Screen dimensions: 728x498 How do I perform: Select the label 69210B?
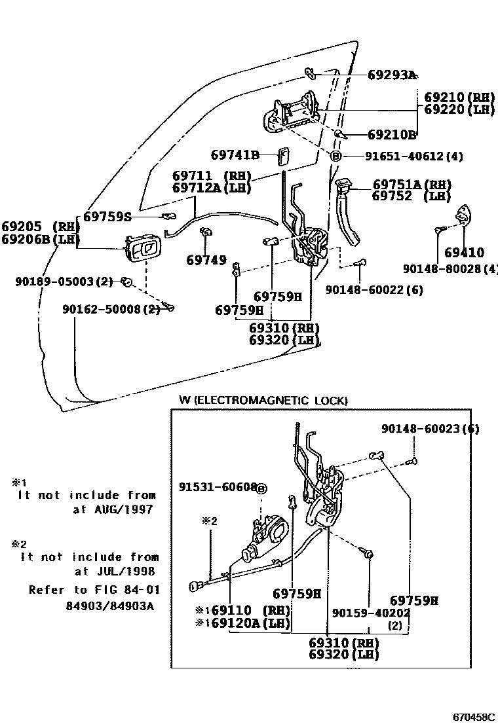[391, 135]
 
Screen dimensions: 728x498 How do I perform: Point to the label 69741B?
[235, 155]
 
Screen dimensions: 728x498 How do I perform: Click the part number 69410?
[464, 252]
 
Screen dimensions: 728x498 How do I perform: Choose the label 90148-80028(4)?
[450, 268]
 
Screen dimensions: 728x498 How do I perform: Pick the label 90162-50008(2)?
[111, 308]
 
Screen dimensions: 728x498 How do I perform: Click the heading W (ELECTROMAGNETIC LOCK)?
[263, 400]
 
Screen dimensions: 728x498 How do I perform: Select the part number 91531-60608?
[218, 488]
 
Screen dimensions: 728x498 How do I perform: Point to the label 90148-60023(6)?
[430, 429]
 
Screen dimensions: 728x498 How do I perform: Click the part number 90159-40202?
[370, 613]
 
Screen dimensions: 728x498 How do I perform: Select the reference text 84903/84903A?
[109, 606]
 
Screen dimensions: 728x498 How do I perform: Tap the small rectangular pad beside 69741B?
[283, 156]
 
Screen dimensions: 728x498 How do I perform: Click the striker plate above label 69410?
[463, 215]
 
